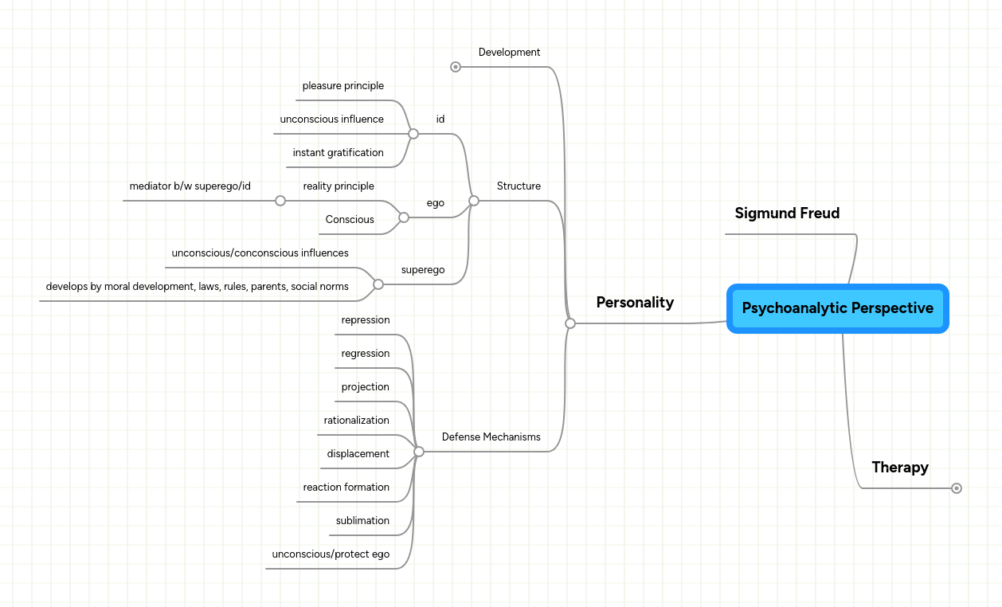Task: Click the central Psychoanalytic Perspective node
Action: [837, 308]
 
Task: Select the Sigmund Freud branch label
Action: [787, 213]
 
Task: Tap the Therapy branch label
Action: [900, 468]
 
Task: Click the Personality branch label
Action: [635, 303]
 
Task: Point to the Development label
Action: [509, 53]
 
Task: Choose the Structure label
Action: [519, 186]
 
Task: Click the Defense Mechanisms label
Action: [491, 437]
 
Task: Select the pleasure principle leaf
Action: [342, 86]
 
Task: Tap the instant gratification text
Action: [338, 153]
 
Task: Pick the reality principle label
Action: [339, 186]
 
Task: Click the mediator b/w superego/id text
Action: [190, 186]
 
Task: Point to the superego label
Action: [423, 270]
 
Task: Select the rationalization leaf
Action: [356, 421]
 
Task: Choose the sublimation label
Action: [362, 521]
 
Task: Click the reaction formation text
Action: [346, 488]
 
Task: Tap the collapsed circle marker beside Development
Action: [456, 67]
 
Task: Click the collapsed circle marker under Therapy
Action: [957, 488]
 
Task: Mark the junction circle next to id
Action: [413, 134]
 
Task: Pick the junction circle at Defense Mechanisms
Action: [419, 452]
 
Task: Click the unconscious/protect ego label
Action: [331, 554]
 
